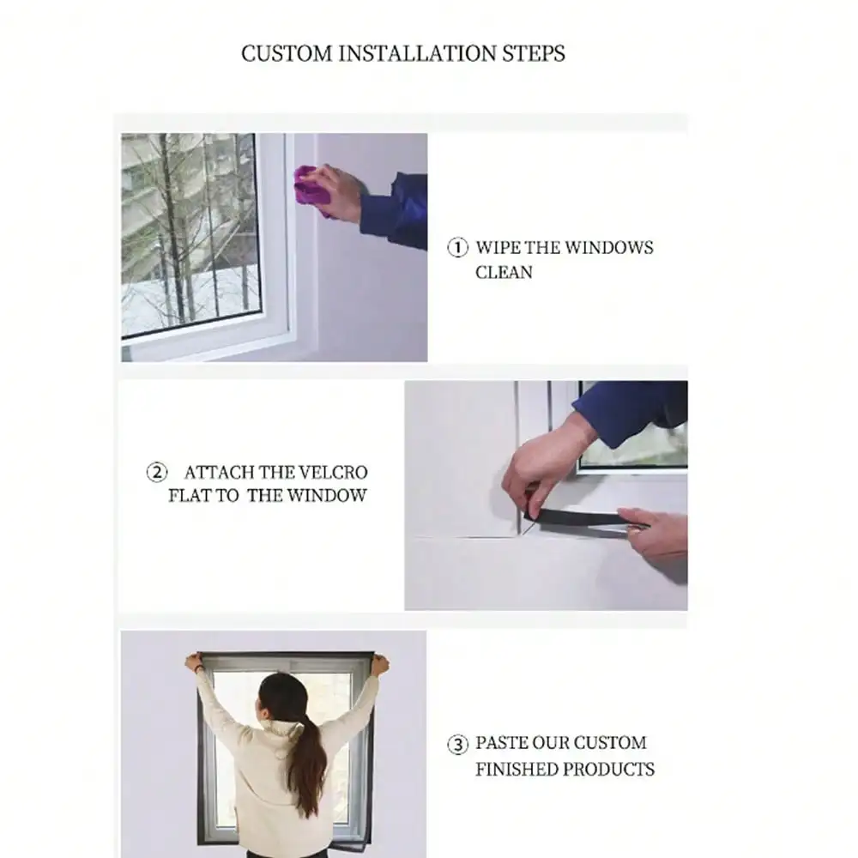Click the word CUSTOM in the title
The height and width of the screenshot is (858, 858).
[287, 53]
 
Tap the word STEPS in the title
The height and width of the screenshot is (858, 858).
[534, 53]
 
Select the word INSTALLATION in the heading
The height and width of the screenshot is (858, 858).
[418, 53]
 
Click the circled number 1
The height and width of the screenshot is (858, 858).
[458, 247]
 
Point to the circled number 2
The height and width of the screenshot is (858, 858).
[157, 472]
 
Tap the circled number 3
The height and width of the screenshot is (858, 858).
[458, 744]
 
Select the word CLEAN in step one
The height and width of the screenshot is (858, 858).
[504, 272]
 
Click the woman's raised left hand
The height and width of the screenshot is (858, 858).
[193, 662]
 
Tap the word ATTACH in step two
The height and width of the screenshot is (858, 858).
[218, 472]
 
